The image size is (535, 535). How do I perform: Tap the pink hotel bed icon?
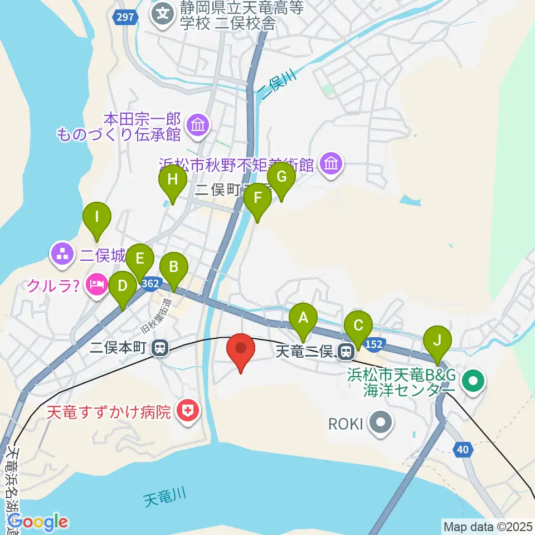pyautogui.click(x=96, y=286)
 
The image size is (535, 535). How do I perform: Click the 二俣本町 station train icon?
pyautogui.click(x=160, y=349)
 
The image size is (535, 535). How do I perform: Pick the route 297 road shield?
pyautogui.click(x=125, y=17)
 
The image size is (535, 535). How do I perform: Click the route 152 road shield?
pyautogui.click(x=374, y=345)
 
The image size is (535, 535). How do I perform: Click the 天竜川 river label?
pyautogui.click(x=163, y=496)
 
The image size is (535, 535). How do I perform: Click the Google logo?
pyautogui.click(x=38, y=522)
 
